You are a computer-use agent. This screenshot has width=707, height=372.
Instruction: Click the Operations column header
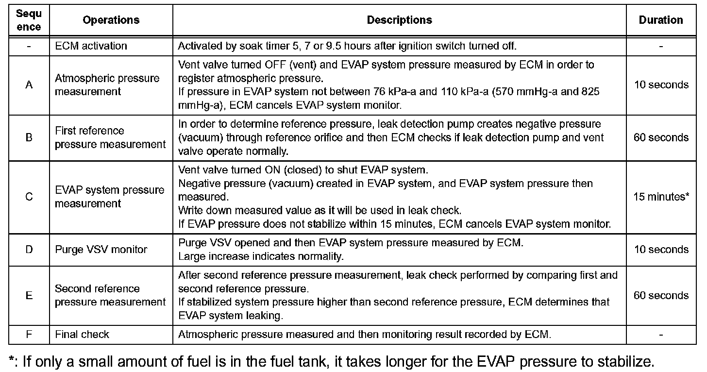click(x=111, y=20)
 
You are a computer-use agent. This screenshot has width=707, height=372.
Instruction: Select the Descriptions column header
click(x=399, y=20)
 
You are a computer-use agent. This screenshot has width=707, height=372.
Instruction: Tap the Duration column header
click(x=661, y=20)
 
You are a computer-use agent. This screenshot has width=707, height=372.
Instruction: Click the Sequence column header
click(x=29, y=20)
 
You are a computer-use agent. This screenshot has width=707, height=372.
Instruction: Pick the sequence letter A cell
click(x=29, y=85)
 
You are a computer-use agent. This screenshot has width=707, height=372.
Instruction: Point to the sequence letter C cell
click(x=29, y=197)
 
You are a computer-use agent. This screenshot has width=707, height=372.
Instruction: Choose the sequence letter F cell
click(x=29, y=334)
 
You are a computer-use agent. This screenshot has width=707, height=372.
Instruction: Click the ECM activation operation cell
click(x=91, y=46)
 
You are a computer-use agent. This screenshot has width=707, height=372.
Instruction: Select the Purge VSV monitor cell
click(x=101, y=250)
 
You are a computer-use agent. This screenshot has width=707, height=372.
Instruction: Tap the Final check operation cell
click(x=82, y=334)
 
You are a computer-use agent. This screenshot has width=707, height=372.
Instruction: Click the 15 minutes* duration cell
click(x=661, y=197)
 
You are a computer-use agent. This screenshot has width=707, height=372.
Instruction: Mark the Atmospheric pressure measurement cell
click(x=107, y=85)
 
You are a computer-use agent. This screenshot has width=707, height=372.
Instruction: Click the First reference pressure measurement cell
click(x=110, y=137)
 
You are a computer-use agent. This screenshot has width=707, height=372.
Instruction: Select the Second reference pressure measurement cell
click(x=110, y=295)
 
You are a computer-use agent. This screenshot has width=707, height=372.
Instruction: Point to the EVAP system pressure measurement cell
click(x=109, y=197)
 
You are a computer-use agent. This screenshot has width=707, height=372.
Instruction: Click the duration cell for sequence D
click(x=661, y=250)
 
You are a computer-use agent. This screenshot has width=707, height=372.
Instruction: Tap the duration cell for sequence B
click(x=661, y=137)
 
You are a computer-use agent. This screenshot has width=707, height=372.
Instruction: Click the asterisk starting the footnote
click(x=12, y=360)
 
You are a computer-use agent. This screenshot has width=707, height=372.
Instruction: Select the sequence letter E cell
click(x=29, y=295)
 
